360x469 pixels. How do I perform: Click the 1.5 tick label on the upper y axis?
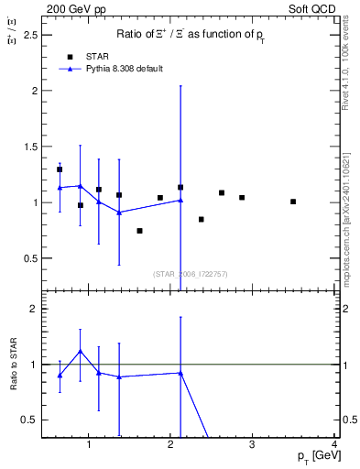point(33,147)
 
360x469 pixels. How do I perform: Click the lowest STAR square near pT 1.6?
point(139,231)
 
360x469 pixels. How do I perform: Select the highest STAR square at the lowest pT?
point(60,169)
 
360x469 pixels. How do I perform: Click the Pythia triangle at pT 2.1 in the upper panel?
point(180,200)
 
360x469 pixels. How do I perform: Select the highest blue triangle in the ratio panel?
point(81,351)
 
